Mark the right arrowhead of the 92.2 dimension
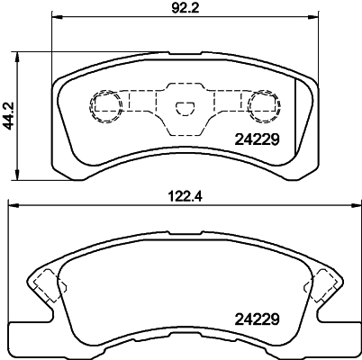316,17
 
